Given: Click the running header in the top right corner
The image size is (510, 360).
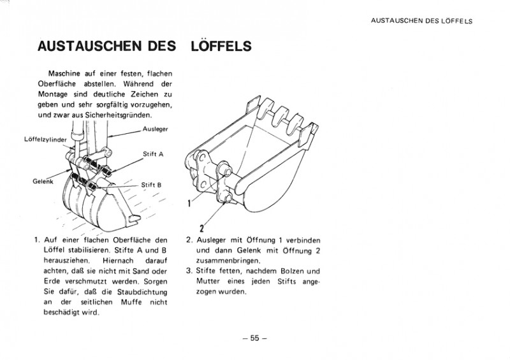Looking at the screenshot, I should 421,20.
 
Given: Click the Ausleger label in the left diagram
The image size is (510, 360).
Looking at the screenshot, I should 154,129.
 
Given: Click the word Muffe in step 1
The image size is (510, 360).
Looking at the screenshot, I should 127,302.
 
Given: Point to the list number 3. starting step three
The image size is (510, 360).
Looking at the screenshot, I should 189,271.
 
